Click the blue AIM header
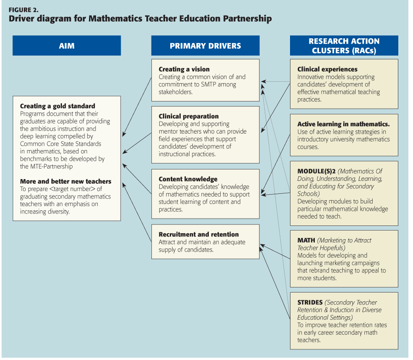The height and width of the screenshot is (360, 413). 67,46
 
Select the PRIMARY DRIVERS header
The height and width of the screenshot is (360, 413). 205,46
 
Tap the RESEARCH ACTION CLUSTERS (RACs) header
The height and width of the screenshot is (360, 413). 344,46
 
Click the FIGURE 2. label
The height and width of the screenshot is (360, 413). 23,9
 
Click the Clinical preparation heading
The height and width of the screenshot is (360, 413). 189,116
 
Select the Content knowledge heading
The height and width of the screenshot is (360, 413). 188,179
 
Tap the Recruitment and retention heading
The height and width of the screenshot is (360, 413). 199,234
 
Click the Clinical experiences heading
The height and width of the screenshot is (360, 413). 327,69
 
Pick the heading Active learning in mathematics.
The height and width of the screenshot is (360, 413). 343,124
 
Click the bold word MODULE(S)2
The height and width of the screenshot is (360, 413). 316,171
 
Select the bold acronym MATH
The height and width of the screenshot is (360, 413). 306,240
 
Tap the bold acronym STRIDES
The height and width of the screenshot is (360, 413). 310,303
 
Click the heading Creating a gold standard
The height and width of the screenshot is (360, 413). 57,106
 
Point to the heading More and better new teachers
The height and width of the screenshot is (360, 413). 66,181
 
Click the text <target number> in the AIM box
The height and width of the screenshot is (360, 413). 64,189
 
